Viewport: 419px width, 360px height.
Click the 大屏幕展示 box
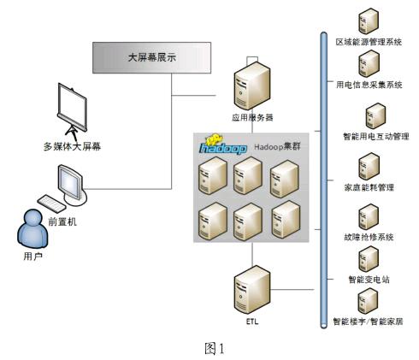[x=151, y=57]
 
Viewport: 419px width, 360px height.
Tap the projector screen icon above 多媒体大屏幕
[x=72, y=109]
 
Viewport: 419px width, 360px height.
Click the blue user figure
[x=32, y=229]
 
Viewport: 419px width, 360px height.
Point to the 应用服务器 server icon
[x=252, y=86]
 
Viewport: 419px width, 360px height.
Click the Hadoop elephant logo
[x=222, y=145]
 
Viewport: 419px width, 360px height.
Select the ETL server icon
[x=252, y=290]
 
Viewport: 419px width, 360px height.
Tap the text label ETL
[x=252, y=322]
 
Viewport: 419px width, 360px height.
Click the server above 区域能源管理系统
[x=369, y=21]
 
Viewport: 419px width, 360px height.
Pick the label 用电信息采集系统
[x=369, y=85]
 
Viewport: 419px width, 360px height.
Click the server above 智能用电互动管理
[x=375, y=116]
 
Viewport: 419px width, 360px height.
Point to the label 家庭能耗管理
[x=369, y=187]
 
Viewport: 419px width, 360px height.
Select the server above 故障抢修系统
[x=369, y=217]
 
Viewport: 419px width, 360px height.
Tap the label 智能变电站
[x=369, y=280]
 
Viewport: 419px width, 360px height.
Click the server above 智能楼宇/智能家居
[x=368, y=301]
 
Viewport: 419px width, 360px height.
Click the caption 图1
[x=215, y=348]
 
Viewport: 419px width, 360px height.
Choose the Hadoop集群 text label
[x=277, y=147]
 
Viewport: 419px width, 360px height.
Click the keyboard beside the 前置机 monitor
[x=52, y=204]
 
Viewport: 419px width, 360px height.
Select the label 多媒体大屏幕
[x=72, y=146]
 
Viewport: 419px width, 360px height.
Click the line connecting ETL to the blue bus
[x=292, y=290]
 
